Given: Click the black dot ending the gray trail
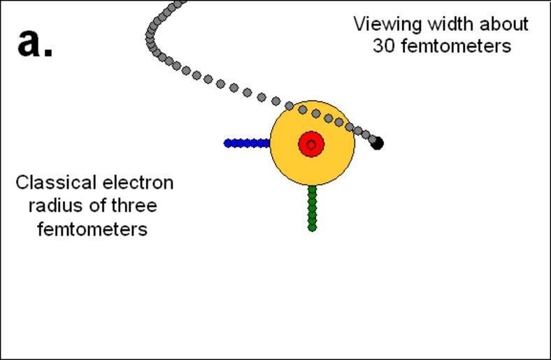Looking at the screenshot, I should pyautogui.click(x=377, y=143).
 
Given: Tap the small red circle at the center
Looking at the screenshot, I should pyautogui.click(x=311, y=145).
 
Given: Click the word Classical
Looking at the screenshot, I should pyautogui.click(x=55, y=183).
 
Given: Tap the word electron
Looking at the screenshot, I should pyautogui.click(x=138, y=183).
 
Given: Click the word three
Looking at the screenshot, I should pyautogui.click(x=133, y=206).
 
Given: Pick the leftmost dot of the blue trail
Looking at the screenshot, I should pyautogui.click(x=228, y=143).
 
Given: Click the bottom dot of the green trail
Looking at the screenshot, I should pyautogui.click(x=312, y=227).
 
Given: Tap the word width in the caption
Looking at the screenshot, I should pyautogui.click(x=444, y=24).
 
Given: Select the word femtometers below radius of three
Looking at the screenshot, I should pyautogui.click(x=92, y=229).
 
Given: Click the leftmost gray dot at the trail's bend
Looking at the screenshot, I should pyautogui.click(x=150, y=35).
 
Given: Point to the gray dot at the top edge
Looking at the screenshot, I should pyautogui.click(x=180, y=3).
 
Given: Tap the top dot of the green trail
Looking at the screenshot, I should pyautogui.click(x=312, y=189).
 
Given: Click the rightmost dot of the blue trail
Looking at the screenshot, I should pyautogui.click(x=266, y=143).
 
